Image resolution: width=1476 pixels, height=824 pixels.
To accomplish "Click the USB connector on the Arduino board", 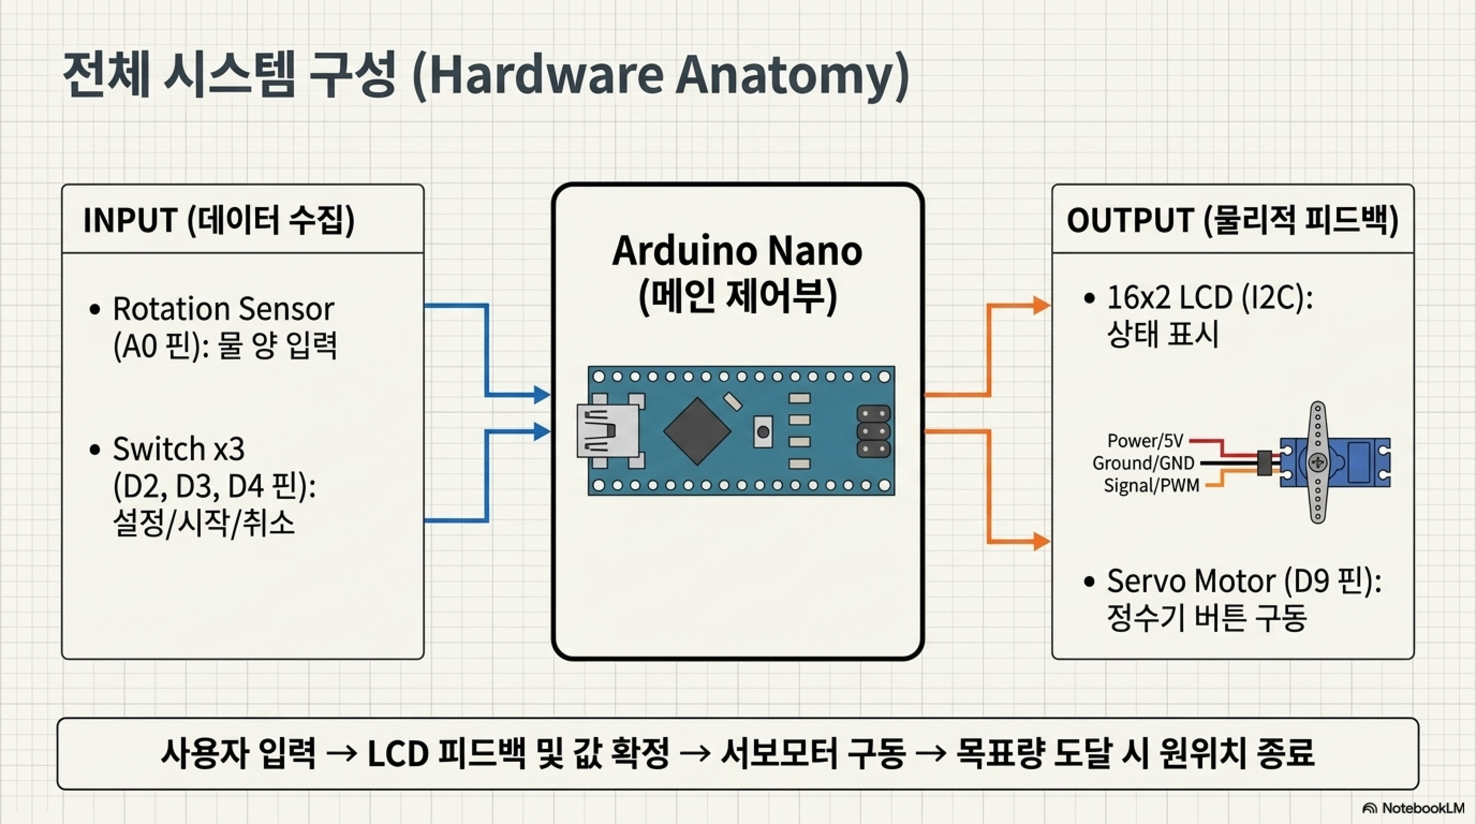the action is (608, 430).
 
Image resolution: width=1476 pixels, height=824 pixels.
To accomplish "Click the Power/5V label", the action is (1145, 441).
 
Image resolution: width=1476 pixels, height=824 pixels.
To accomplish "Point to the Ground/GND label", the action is (1143, 463).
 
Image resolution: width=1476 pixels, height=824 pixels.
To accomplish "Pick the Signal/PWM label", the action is (1151, 485).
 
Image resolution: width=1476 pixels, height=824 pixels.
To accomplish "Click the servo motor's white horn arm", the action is (1318, 462).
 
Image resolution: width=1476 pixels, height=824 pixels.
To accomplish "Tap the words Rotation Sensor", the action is (223, 309).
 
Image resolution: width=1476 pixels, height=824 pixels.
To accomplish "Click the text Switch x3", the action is (179, 449).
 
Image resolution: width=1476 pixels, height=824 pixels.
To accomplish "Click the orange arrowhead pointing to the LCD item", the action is (1042, 305).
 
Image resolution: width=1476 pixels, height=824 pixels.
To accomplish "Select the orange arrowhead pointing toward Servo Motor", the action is (1042, 541).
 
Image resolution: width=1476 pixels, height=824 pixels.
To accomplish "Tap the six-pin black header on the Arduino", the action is (873, 431).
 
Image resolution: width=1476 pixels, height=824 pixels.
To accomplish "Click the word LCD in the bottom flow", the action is (398, 754).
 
